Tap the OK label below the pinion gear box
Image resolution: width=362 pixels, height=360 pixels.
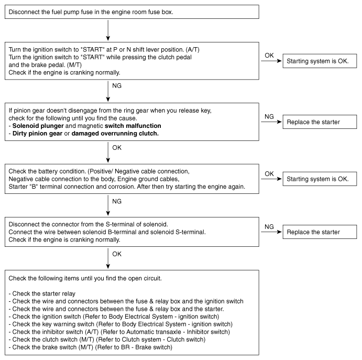[116, 147]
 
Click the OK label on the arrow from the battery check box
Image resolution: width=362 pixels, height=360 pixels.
[269, 173]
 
